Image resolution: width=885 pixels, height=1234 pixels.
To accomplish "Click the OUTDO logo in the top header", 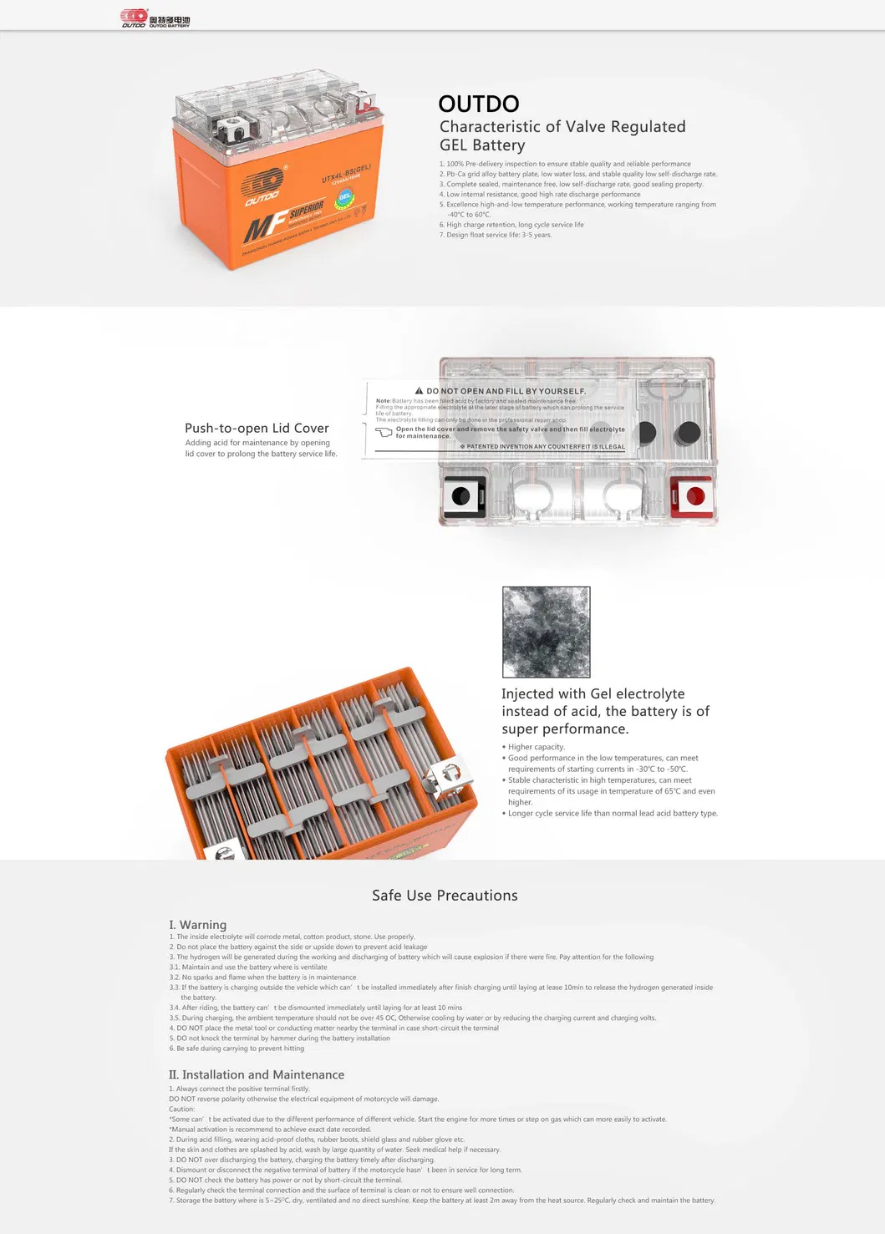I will coord(155,18).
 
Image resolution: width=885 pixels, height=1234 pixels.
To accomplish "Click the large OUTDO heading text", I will coord(479,104).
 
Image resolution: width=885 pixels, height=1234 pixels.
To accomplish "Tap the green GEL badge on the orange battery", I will coord(344,198).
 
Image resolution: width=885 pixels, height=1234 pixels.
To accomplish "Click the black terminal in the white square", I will coord(461,496).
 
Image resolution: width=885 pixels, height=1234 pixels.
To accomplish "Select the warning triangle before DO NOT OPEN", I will coord(420,391).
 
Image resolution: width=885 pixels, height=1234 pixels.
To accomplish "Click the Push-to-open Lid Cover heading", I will coord(257,428).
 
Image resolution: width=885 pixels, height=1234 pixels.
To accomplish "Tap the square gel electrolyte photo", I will coord(546,632).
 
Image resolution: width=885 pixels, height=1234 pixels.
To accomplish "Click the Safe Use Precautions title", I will coord(445,896).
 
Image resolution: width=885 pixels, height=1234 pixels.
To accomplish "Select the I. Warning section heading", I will coord(198,925).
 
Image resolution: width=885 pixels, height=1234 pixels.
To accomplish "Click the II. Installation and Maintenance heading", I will coord(257,1074).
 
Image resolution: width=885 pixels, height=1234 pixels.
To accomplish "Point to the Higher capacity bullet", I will coord(536,747).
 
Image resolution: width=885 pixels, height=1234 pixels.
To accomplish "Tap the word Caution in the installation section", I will coord(181,1110).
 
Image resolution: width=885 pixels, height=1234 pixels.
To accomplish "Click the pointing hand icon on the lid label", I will coord(384,432).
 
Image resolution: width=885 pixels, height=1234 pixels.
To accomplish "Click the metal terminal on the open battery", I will coord(448,775).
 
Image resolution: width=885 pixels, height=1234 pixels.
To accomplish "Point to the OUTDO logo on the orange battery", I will coord(262,188).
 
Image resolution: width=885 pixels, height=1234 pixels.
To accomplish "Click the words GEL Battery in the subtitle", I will coord(482,145).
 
